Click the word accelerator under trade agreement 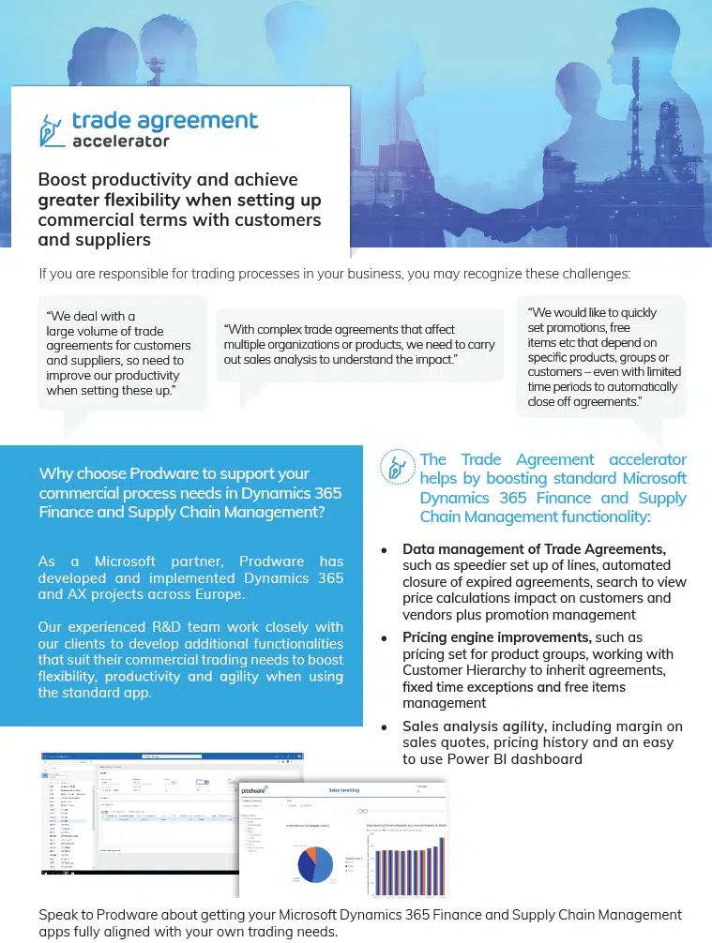point(121,142)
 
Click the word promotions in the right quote point(583,328)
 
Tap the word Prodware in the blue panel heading point(168,473)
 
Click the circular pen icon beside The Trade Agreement point(397,467)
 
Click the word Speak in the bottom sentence point(58,915)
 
